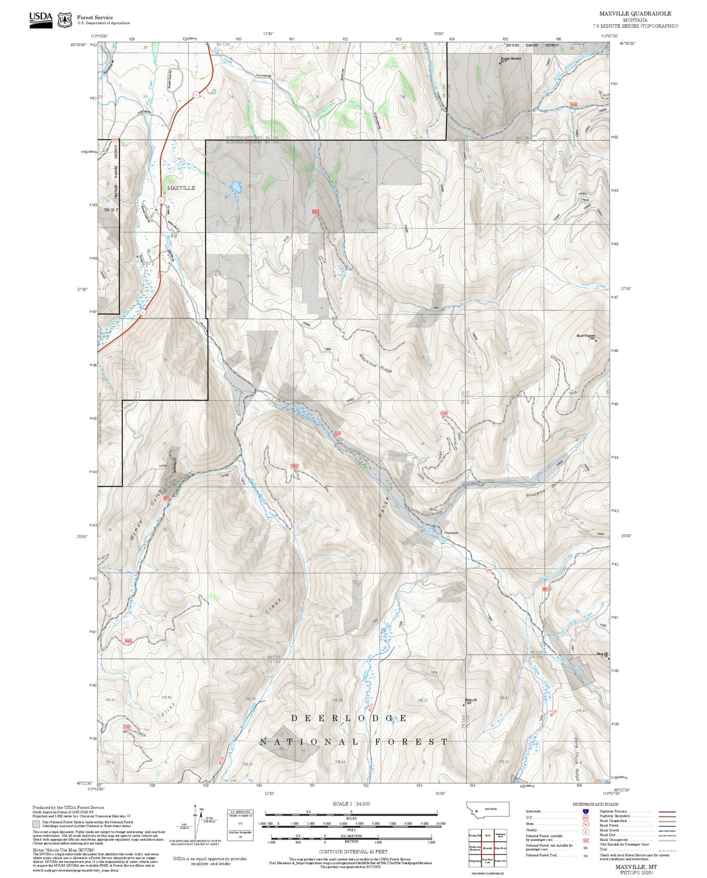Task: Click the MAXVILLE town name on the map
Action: (x=181, y=188)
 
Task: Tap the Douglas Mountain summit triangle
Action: (x=500, y=63)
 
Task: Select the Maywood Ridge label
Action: (x=376, y=363)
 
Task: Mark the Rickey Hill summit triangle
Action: (x=464, y=705)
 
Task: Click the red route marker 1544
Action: (x=573, y=105)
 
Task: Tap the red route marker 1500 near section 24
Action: (x=444, y=414)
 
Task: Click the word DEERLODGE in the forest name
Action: (x=349, y=718)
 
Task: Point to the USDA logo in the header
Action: (x=41, y=19)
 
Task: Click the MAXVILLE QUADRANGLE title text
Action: (x=635, y=14)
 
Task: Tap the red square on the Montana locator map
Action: (x=476, y=810)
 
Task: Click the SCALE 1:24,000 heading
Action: (x=351, y=804)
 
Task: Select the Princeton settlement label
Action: (x=451, y=532)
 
